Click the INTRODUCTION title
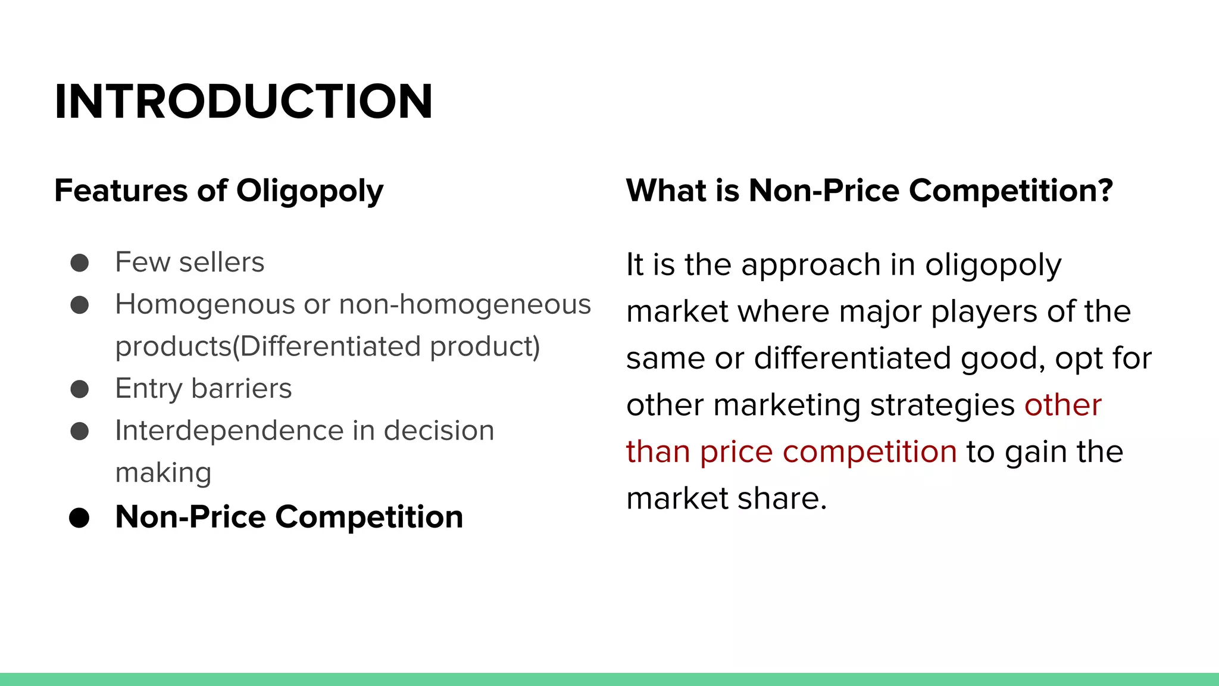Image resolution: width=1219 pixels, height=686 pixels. (243, 102)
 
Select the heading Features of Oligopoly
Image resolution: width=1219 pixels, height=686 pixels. (218, 191)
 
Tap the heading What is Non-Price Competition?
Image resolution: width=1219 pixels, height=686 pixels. (869, 191)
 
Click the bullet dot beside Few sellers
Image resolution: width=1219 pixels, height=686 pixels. (79, 263)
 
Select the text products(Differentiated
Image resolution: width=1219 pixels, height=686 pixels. (268, 347)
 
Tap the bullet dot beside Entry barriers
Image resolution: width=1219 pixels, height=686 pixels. (79, 389)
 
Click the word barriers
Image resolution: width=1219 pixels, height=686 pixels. (241, 389)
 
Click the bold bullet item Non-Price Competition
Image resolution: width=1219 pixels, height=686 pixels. (289, 517)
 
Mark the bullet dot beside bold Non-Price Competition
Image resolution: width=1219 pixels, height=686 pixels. (79, 518)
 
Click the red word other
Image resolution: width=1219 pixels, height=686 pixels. (1062, 406)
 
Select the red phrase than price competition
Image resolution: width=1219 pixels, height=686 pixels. (791, 452)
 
